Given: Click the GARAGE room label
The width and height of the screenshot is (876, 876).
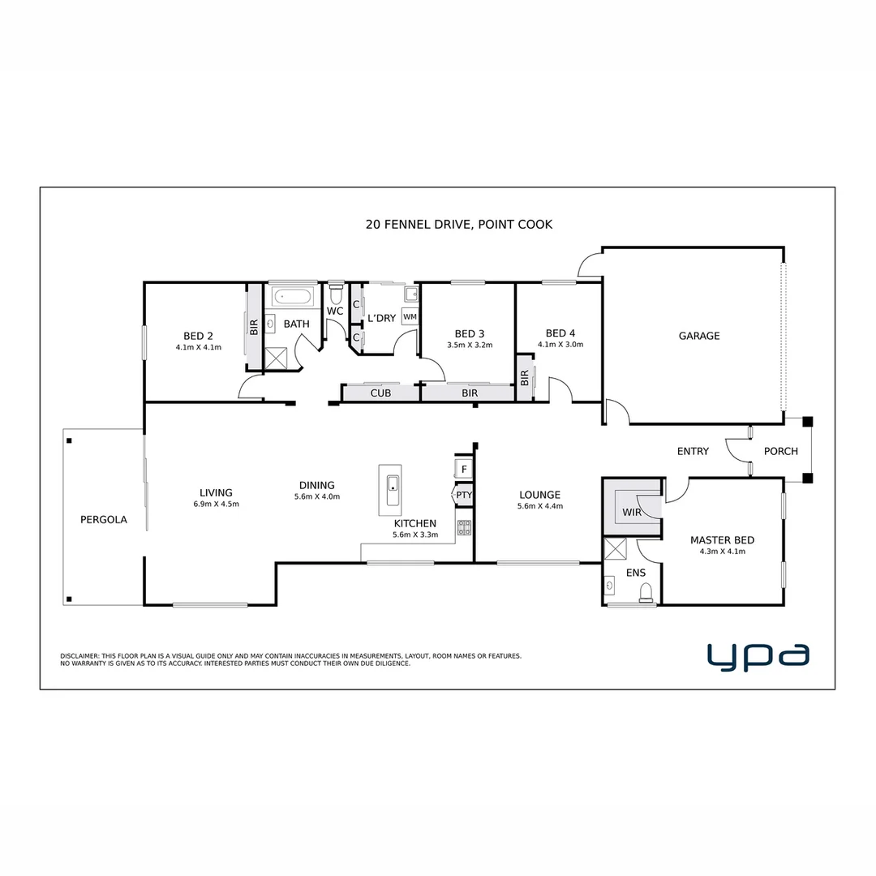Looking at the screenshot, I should (x=698, y=336).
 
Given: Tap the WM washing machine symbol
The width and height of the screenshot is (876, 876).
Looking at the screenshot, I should (x=410, y=316).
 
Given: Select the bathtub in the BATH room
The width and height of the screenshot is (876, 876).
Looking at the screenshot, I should (x=292, y=297).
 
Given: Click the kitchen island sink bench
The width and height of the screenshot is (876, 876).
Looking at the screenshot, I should (x=389, y=489).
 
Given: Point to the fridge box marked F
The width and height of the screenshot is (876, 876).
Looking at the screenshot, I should (x=464, y=469).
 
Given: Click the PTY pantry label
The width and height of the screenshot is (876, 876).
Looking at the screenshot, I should (x=464, y=495).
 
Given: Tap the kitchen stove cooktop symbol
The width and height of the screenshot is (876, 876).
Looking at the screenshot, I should (x=464, y=527).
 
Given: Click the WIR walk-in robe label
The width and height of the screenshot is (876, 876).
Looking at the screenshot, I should (x=632, y=513).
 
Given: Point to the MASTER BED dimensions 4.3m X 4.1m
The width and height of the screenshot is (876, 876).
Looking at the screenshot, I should (x=722, y=552).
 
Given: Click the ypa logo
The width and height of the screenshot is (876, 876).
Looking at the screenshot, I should (x=758, y=656).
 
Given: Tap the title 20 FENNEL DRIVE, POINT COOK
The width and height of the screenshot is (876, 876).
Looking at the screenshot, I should (x=459, y=224).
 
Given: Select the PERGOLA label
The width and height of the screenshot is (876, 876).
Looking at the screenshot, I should (x=103, y=520).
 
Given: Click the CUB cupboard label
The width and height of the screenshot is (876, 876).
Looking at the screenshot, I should (x=380, y=393).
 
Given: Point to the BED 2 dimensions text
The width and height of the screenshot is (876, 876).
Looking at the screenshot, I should (x=198, y=347).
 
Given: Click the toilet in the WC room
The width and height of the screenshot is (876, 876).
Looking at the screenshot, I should (x=336, y=290).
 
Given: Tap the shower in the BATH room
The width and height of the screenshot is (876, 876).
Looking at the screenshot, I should (x=277, y=358).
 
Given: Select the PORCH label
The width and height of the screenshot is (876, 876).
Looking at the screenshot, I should (x=781, y=451).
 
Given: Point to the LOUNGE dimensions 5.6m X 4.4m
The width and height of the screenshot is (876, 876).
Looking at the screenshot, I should (x=539, y=506).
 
